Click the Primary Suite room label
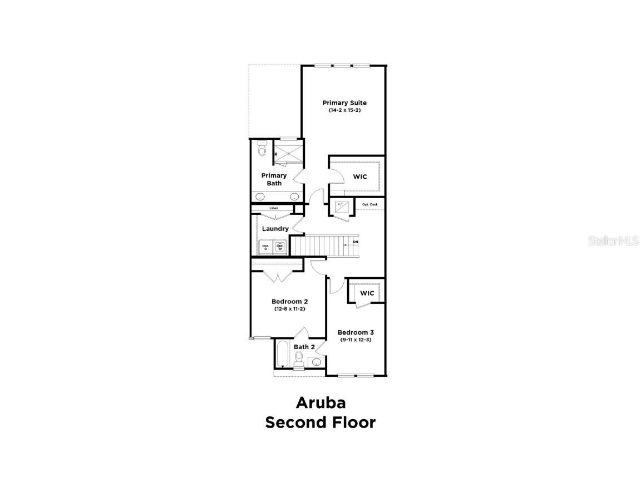[344, 102]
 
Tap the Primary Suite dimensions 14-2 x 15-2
[344, 110]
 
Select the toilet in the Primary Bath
[263, 150]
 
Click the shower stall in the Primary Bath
[288, 153]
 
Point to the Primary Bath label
[274, 179]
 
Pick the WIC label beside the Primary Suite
[360, 177]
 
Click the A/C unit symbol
[341, 206]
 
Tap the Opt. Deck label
[369, 204]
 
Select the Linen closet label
[274, 208]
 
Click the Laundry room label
[275, 229]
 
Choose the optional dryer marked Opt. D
[265, 247]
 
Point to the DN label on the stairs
[355, 242]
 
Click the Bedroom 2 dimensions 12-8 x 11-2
[289, 308]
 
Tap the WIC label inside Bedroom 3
[367, 293]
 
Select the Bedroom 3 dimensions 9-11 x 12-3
[356, 339]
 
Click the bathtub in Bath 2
[280, 355]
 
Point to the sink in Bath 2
[317, 362]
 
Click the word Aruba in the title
[320, 402]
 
